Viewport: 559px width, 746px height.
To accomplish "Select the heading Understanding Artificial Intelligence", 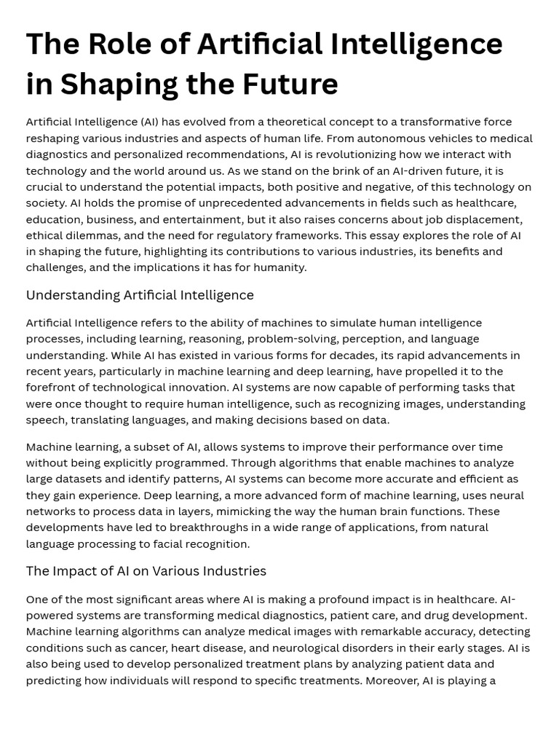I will (x=140, y=295).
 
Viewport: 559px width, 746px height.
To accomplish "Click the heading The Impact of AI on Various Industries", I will (x=146, y=571).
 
